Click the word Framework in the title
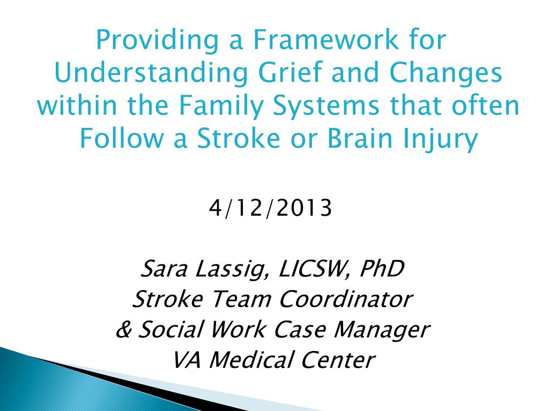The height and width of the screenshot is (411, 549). point(325,40)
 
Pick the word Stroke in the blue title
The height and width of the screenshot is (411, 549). point(238,138)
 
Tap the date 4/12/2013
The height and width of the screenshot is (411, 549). point(270,208)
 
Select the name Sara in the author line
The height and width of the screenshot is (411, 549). point(164,269)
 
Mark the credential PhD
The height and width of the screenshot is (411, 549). point(381,269)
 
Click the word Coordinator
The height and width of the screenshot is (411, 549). point(346,299)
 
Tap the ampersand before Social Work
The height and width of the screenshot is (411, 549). point(123,329)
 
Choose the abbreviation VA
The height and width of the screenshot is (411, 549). point(187,360)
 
